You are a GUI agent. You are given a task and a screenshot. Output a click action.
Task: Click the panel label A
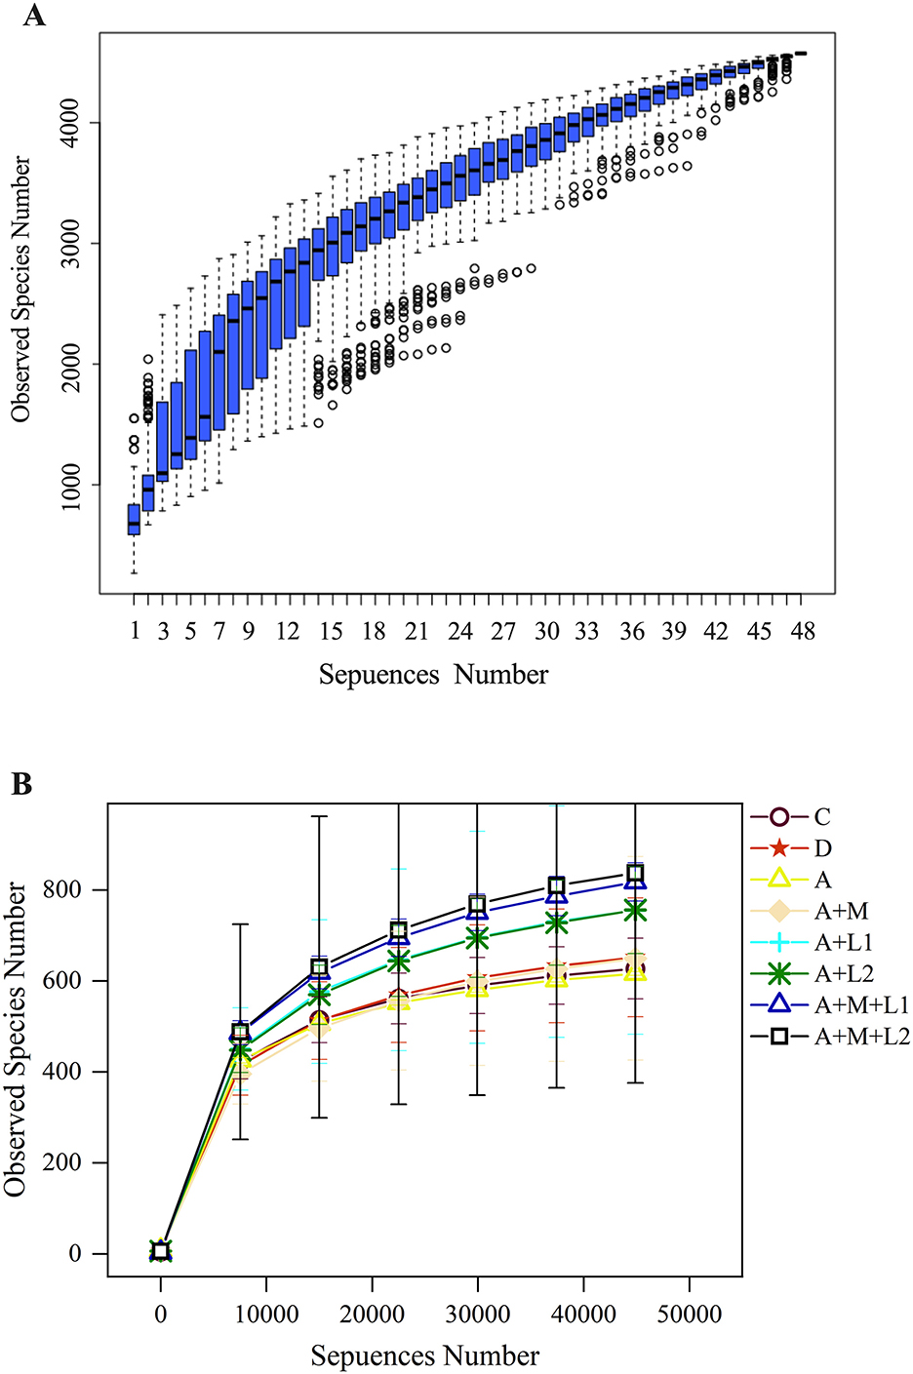point(33,16)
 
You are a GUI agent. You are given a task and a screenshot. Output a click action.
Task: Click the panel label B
point(21,785)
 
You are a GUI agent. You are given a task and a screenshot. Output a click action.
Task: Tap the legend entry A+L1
point(844,943)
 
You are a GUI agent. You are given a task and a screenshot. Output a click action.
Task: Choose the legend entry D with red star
point(822,848)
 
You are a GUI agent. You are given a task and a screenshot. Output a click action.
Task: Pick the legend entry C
point(822,817)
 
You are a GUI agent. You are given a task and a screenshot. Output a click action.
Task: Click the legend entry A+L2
point(844,974)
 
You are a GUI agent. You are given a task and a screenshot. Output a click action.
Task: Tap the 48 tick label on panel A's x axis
point(802,632)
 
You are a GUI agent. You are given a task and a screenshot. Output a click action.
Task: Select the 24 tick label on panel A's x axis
point(459,632)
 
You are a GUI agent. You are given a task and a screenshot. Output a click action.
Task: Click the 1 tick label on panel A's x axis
point(135,632)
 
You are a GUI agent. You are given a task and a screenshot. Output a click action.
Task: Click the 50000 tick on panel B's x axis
point(689,1315)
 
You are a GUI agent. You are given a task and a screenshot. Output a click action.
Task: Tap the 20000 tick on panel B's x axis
point(372,1315)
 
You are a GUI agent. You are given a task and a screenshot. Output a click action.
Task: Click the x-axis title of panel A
point(433,675)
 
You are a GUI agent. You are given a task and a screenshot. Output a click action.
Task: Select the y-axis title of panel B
point(17,1040)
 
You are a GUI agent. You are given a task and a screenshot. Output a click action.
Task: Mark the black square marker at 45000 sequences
point(635,874)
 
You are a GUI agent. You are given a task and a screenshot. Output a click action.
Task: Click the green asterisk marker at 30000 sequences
point(477,938)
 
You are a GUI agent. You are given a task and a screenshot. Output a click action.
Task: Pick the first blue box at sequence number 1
point(134,520)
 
